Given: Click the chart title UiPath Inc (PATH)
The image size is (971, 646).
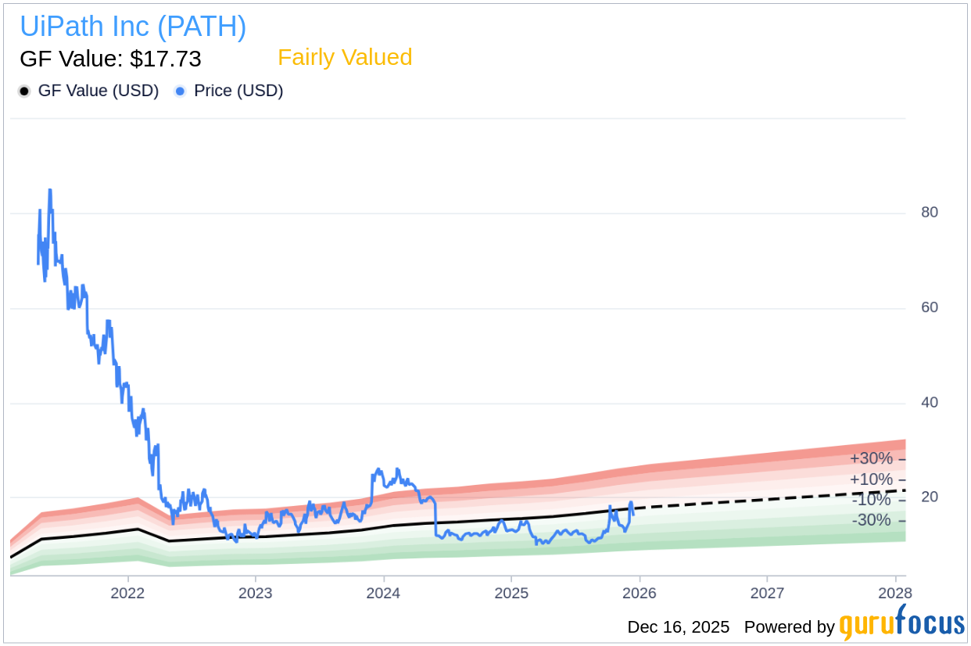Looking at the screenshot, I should [133, 27].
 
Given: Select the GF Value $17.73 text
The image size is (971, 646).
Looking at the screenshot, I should [110, 59].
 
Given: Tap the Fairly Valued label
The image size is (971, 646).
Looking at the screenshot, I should [345, 57].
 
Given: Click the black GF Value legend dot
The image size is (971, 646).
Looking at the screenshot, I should [24, 92].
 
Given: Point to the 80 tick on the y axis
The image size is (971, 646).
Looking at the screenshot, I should [929, 212].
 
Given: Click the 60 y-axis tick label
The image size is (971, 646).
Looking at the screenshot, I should [929, 307].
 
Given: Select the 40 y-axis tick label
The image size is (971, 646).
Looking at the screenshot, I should [929, 403].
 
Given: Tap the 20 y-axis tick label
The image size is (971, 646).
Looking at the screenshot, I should [929, 497].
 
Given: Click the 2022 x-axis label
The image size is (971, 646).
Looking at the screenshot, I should [127, 593].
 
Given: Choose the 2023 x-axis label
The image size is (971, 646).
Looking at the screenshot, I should [255, 593].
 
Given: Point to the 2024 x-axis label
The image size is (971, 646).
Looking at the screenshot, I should [383, 593].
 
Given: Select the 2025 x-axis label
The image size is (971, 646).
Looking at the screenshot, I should [510, 593].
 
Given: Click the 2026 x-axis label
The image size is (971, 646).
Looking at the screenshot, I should [639, 593].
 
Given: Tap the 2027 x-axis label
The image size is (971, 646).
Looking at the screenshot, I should [767, 593].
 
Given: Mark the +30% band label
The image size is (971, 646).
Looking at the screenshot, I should [871, 459].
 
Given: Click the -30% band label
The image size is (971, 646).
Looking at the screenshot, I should [871, 520].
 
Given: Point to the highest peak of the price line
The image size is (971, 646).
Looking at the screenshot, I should [50, 189].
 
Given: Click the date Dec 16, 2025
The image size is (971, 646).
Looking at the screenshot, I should [678, 627].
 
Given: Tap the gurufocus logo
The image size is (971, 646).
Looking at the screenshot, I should [901, 625].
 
